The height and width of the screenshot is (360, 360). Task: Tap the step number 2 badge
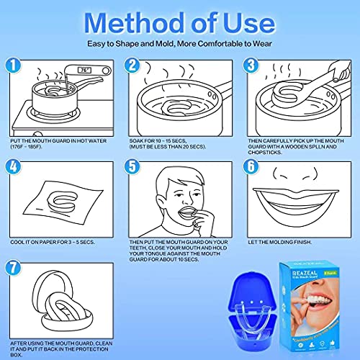pos(132,66)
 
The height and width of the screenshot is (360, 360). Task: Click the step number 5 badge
pos(132,167)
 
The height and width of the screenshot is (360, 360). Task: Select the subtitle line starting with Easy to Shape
pos(180,42)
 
